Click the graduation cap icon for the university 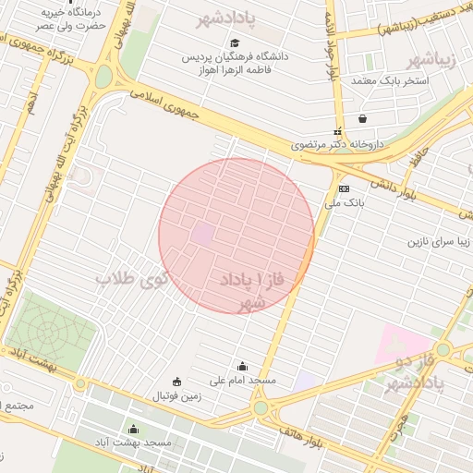pyautogui.click(x=235, y=42)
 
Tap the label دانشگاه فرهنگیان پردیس pyautogui.click(x=237, y=56)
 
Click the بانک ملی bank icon pyautogui.click(x=345, y=188)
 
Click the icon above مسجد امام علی pyautogui.click(x=243, y=366)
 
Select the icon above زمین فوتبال pyautogui.click(x=176, y=382)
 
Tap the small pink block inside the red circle pyautogui.click(x=201, y=235)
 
